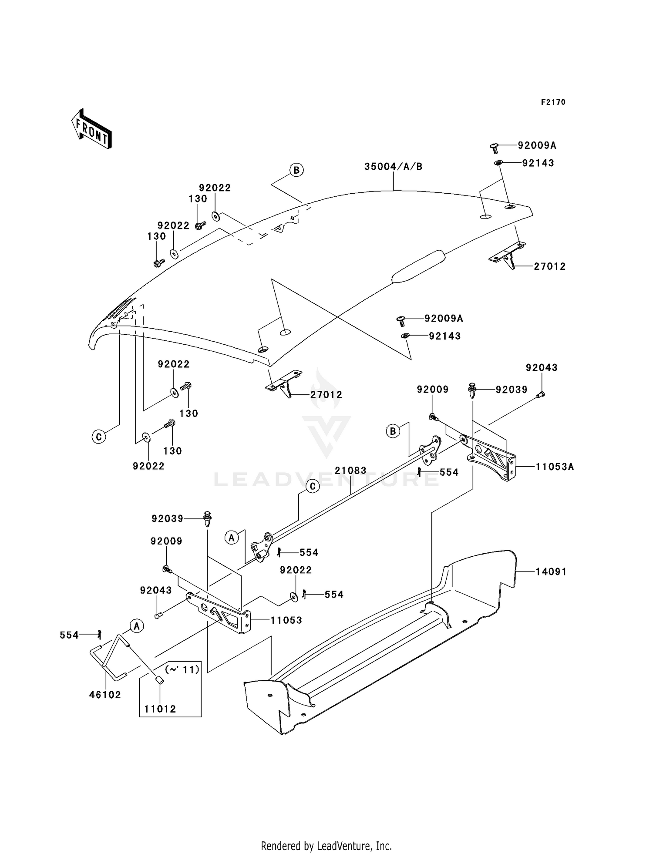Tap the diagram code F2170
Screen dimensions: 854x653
click(553, 102)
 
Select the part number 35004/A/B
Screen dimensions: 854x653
click(393, 167)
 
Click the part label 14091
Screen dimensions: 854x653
click(551, 572)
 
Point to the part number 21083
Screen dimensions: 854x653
click(350, 471)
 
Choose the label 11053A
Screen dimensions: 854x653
click(554, 467)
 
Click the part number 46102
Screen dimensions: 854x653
click(105, 695)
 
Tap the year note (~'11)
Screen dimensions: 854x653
click(182, 669)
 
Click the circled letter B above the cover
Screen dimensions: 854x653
click(296, 170)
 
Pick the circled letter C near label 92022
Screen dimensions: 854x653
click(99, 436)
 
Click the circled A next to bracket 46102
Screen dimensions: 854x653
click(137, 626)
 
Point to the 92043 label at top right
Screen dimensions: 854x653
click(541, 368)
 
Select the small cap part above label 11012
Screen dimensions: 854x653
click(159, 680)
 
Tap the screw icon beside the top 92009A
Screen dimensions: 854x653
click(494, 148)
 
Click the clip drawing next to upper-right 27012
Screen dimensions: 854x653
click(508, 257)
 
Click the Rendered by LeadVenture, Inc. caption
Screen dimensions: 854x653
click(326, 846)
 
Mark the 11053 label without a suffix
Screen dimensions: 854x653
click(286, 620)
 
